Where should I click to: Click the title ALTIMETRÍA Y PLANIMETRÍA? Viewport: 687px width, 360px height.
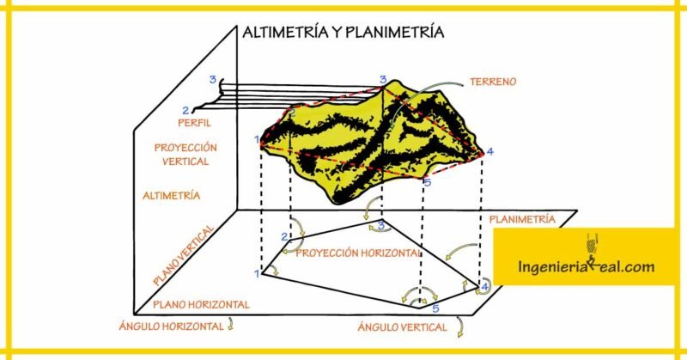pyautogui.click(x=343, y=32)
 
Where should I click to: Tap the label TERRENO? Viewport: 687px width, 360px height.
pyautogui.click(x=493, y=82)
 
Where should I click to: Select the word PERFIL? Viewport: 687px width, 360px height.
pyautogui.click(x=195, y=123)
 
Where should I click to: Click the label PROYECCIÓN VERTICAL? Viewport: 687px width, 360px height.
pyautogui.click(x=185, y=155)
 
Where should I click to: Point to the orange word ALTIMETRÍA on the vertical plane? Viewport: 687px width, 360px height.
pyautogui.click(x=171, y=196)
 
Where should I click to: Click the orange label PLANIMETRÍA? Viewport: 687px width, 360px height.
pyautogui.click(x=522, y=219)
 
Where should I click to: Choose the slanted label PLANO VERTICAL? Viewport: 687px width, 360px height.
pyautogui.click(x=184, y=255)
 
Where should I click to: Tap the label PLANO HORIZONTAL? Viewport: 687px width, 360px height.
pyautogui.click(x=201, y=305)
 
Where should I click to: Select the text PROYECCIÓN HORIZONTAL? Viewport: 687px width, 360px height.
pyautogui.click(x=358, y=253)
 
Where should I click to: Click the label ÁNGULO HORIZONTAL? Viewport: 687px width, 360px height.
pyautogui.click(x=171, y=326)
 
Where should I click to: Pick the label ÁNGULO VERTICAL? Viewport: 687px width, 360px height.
pyautogui.click(x=402, y=327)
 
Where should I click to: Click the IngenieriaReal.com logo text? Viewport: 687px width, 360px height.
pyautogui.click(x=586, y=265)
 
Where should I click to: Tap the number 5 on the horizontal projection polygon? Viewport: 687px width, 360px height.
pyautogui.click(x=435, y=308)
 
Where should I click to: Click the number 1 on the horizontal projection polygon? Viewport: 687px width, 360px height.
pyautogui.click(x=257, y=274)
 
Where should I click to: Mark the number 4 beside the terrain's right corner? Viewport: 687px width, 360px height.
pyautogui.click(x=489, y=151)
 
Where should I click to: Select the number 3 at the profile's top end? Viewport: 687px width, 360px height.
pyautogui.click(x=212, y=79)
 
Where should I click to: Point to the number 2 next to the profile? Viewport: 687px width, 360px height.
pyautogui.click(x=185, y=110)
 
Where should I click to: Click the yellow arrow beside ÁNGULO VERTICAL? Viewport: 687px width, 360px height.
pyautogui.click(x=459, y=326)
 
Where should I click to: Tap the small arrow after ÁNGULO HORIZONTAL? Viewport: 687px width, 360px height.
pyautogui.click(x=230, y=325)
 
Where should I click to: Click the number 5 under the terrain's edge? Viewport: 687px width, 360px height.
pyautogui.click(x=428, y=182)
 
